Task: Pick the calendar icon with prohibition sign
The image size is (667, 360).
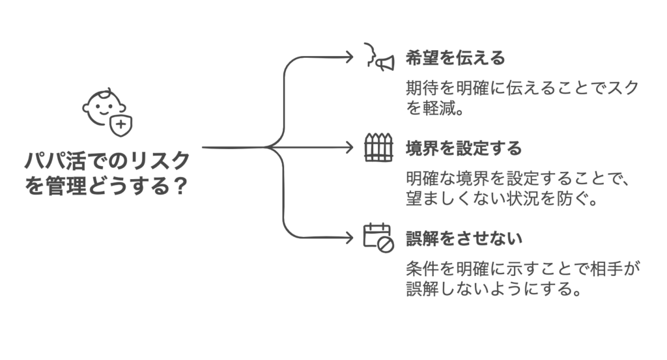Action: [378, 237]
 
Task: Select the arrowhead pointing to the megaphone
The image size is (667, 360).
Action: [349, 57]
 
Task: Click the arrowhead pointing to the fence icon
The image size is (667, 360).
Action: [349, 148]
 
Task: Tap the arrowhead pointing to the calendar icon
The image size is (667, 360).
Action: [349, 238]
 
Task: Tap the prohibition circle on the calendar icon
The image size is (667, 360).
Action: [386, 244]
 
